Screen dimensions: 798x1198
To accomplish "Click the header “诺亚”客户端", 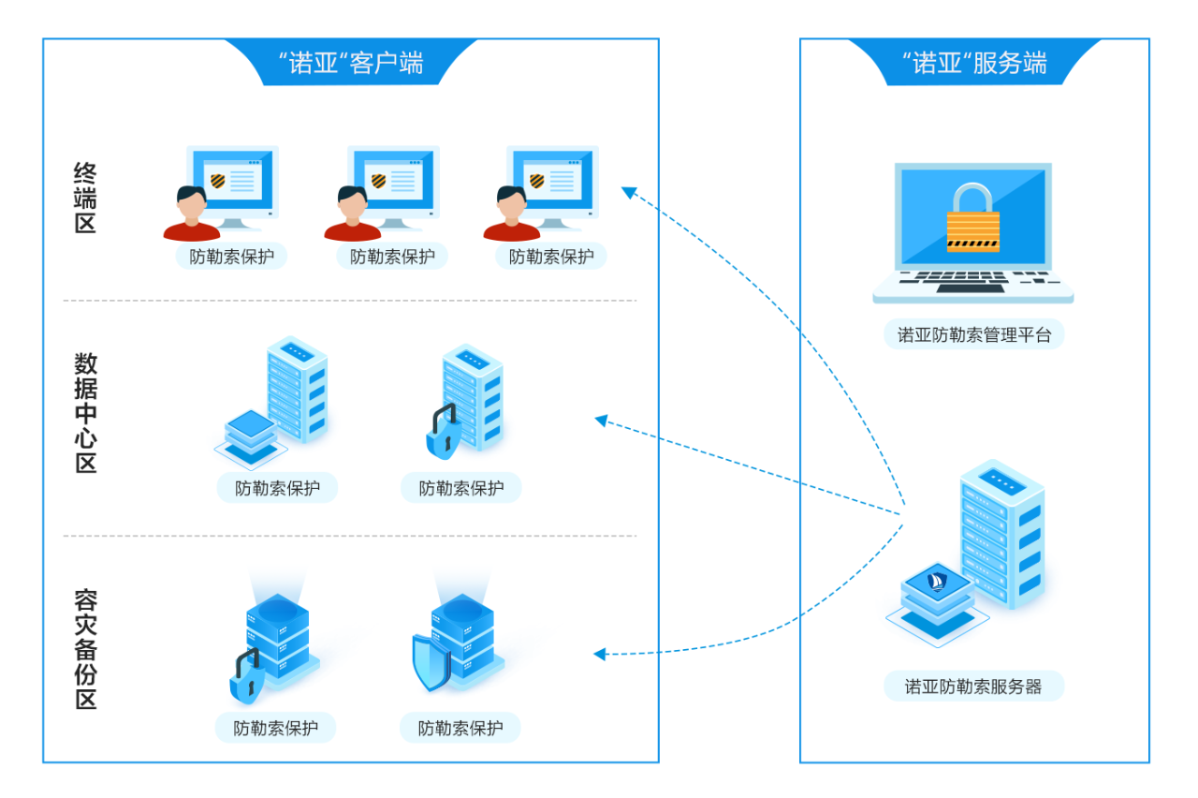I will coord(351,63).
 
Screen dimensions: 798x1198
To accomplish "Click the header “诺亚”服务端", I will coord(974,63).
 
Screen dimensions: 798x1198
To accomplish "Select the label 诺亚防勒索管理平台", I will coord(973,334).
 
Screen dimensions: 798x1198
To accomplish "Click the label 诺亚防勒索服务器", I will coord(973,687).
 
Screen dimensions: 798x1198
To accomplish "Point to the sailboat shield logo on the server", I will coord(936,582).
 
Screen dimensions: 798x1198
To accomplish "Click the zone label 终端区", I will coord(85,198).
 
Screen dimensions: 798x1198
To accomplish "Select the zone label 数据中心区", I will coord(85,413).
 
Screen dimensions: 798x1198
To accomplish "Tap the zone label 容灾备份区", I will coord(85,649).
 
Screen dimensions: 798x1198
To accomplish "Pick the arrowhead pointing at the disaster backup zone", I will coord(600,654).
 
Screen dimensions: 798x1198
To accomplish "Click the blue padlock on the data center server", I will coord(442,433).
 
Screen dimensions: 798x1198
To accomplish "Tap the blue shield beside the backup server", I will coord(431,661).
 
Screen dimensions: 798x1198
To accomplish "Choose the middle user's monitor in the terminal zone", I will coord(394,182).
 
